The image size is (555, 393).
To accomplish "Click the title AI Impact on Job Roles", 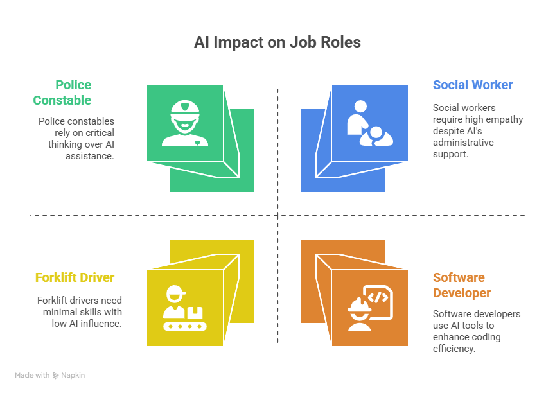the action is pos(277,42).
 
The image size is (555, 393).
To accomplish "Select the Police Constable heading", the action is pos(62,92).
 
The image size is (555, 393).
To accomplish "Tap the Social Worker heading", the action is pos(473,85).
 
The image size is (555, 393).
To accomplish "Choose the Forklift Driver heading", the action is pos(75,277).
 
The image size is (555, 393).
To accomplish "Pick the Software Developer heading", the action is pos(462,285).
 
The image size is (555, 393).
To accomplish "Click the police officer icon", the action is pos(185,123).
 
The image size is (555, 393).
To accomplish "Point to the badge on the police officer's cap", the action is pos(185,106).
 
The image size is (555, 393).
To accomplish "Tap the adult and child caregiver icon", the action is pos(370,123).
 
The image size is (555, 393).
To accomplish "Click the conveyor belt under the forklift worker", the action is pos(185,326).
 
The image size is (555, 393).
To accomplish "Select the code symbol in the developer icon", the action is pos(378,297).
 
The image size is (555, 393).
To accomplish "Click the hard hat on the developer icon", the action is pos(360,304).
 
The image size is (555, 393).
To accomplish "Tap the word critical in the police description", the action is pos(100,133).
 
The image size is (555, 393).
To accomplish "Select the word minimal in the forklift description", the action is pos(58,312).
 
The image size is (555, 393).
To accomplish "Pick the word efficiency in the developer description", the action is pos(454,349).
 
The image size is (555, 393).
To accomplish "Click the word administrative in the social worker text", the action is pos(463,143).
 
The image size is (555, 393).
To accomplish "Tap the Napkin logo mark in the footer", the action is pos(56,376).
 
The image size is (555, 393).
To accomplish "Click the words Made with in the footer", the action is pos(32,375).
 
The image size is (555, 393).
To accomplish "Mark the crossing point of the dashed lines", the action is pos(277,215).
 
